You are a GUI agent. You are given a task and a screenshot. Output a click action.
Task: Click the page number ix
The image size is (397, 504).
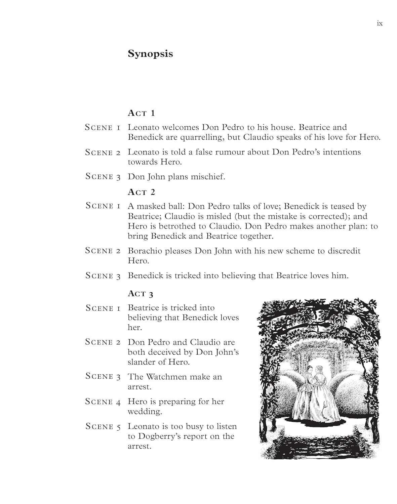pos(380,24)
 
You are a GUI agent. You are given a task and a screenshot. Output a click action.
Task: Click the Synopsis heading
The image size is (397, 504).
pos(150,54)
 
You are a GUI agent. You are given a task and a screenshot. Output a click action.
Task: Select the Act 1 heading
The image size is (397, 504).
pos(141,113)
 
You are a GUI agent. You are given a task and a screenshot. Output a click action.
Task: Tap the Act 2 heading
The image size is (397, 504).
pos(141,192)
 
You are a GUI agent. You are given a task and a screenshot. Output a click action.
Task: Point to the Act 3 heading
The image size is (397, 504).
pos(141,294)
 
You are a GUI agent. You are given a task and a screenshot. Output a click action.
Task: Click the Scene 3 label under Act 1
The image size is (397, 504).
pos(103,177)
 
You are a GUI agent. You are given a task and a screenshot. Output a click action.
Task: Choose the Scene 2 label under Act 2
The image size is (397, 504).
pos(103,251)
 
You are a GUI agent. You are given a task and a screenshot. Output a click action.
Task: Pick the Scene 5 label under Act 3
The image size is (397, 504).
pos(103,427)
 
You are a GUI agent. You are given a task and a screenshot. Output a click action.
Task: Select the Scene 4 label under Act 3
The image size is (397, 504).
pos(103,402)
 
